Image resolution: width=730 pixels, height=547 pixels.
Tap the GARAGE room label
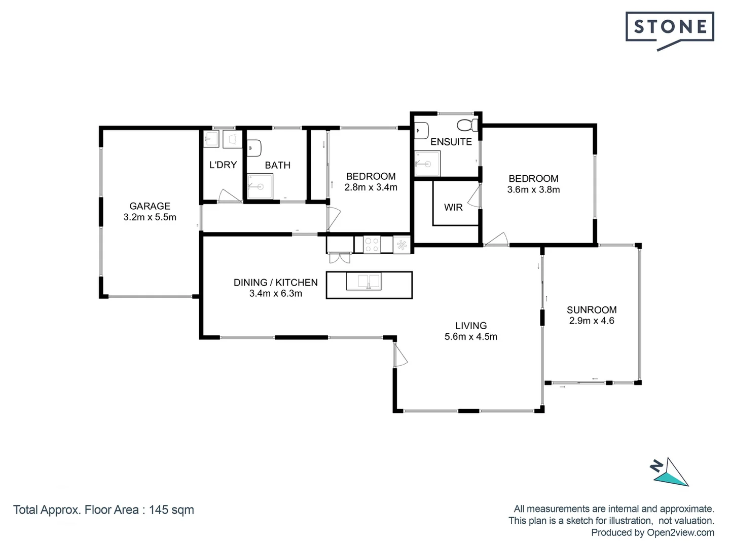pos(150,206)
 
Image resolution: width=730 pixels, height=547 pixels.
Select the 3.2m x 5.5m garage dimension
pos(150,217)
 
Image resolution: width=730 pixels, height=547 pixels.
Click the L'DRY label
pos(223,165)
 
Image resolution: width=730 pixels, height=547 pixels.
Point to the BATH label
pos(277,165)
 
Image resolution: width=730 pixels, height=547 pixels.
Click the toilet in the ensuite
pos(467,125)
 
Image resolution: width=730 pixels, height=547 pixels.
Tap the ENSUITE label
pos(451,142)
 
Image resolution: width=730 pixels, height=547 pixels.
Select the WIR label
pos(453,207)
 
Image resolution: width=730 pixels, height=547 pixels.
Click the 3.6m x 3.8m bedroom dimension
pos(533,190)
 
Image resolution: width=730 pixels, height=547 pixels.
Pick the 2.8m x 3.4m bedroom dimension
pos(371,187)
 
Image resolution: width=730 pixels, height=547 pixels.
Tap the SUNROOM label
pos(592,309)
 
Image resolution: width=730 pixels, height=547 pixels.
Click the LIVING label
pos(470,326)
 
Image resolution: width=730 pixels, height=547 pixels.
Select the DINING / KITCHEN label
pos(275,283)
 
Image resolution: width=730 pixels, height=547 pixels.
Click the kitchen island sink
pos(363,282)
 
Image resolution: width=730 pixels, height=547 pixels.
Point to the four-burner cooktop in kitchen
pos(372,245)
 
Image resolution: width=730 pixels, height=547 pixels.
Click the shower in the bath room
pos(260,186)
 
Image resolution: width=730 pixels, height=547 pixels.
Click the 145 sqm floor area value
pos(171,510)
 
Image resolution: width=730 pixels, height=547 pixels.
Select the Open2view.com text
pos(680,532)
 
